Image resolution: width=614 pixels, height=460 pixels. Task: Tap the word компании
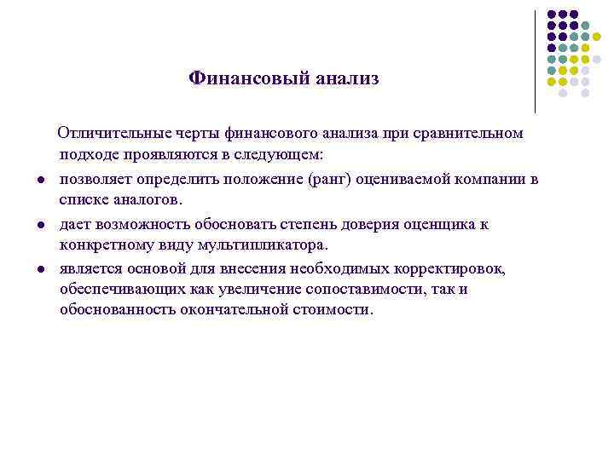click(x=495, y=179)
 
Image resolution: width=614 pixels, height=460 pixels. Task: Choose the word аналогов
click(x=151, y=201)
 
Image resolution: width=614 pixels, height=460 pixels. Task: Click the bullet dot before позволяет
click(x=41, y=180)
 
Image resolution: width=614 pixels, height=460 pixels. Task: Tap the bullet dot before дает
click(x=41, y=225)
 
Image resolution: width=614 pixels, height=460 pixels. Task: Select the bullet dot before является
click(x=41, y=269)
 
